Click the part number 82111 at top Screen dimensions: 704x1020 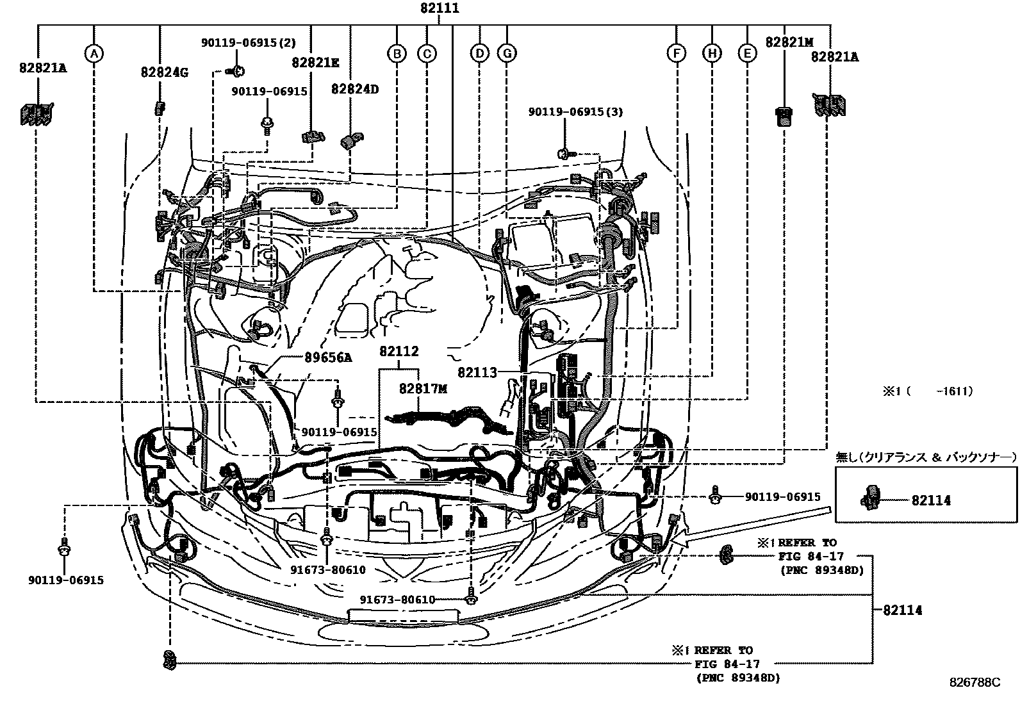pos(440,8)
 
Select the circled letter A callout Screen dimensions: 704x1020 pos(94,54)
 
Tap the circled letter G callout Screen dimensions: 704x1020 pos(506,54)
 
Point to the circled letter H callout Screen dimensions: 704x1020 pos(711,54)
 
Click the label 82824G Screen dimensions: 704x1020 pos(164,72)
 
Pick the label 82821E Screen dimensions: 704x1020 pos(315,62)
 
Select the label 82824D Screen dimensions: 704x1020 pos(354,89)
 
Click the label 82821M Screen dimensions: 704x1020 pos(789,42)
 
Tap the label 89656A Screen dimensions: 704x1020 pos(328,357)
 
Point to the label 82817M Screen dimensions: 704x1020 pos(423,388)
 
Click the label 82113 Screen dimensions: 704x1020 pos(477,372)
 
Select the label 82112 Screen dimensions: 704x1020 pos(399,351)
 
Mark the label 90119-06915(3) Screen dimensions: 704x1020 pos(575,111)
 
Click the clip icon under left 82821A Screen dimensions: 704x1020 pos(36,114)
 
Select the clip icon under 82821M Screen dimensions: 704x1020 pos(782,116)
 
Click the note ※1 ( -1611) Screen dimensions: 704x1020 pos(928,391)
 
